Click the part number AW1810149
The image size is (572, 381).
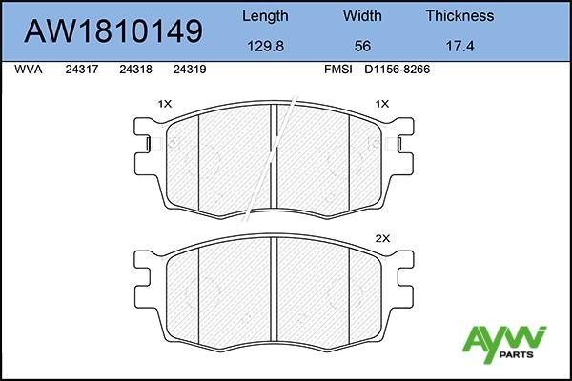coord(113,31)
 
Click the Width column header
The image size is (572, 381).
coord(361,16)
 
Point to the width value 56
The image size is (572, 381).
coord(361,45)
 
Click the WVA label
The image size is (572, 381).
coord(29,70)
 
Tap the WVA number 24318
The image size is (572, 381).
coord(137,70)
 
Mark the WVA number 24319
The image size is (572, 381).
coord(191,70)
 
